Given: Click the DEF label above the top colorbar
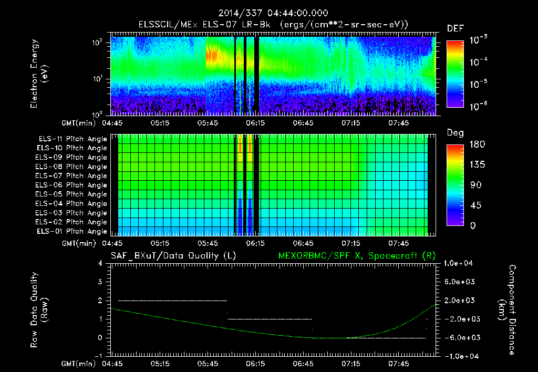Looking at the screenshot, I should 455,28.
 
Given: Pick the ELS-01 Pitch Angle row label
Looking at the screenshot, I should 71,231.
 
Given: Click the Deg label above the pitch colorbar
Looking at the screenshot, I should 455,133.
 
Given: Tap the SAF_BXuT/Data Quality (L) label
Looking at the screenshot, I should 173,255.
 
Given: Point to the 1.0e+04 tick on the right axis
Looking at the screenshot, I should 460,263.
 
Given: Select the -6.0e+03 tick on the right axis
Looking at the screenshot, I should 460,337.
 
